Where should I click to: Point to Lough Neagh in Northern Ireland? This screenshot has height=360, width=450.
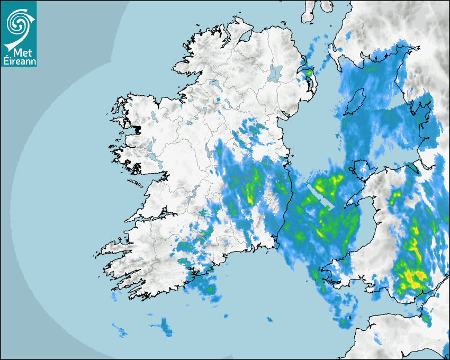click(275, 73)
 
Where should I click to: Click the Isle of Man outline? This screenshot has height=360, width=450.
click(356, 101)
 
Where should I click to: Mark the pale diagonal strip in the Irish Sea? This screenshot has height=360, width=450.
click(321, 197)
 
